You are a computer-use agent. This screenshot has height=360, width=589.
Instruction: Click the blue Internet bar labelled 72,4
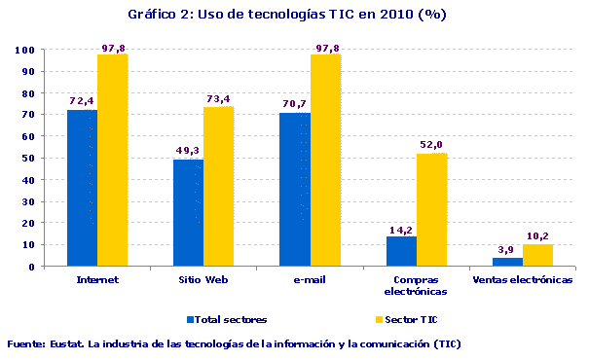(82, 188)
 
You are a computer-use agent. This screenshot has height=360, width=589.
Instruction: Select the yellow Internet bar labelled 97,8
(112, 161)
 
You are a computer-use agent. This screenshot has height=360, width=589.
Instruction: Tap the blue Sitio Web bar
(188, 213)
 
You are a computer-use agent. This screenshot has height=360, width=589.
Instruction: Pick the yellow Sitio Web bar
(218, 187)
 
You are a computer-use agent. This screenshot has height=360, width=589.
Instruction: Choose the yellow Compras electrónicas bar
(431, 210)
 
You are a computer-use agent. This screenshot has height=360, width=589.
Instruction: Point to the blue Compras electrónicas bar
(401, 251)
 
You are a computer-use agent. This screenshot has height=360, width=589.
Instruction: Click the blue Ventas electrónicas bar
(507, 262)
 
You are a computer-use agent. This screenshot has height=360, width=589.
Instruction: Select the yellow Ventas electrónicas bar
(537, 255)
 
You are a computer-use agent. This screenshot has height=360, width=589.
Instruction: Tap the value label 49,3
(188, 150)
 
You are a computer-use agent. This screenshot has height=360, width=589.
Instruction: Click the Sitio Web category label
(203, 280)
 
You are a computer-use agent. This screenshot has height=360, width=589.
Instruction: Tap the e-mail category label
(310, 280)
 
